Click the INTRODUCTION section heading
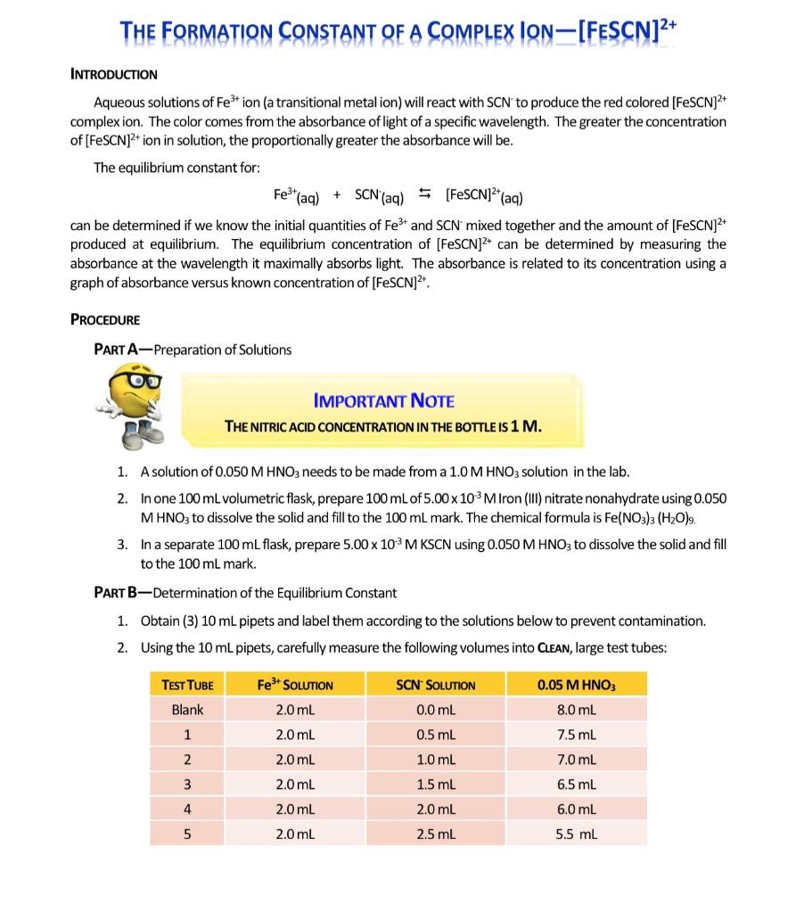pos(114,74)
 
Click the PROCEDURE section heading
pos(104,319)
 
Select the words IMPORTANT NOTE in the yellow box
pos(384,401)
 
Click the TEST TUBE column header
pos(187,685)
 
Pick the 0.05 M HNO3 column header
pos(577,685)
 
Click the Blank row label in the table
pos(187,710)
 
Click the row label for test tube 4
pos(187,810)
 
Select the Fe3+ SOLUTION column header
pos(294,685)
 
